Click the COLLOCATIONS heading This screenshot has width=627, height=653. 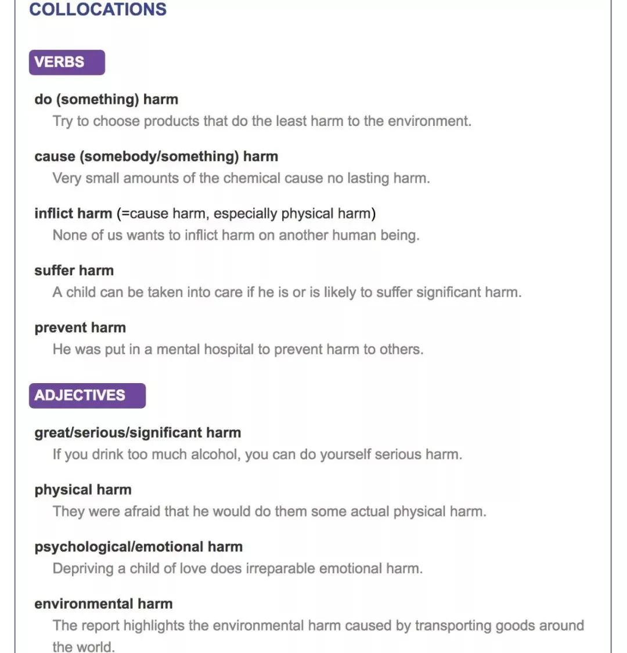pyautogui.click(x=98, y=10)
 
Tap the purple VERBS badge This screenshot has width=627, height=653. pyautogui.click(x=66, y=62)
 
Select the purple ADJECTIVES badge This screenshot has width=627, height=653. pyautogui.click(x=87, y=395)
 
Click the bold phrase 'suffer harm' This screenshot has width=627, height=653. pyautogui.click(x=74, y=270)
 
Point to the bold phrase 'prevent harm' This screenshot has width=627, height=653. pyautogui.click(x=80, y=327)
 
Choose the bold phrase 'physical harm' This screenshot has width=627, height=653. pyautogui.click(x=83, y=489)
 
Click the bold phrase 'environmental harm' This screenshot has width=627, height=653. pyautogui.click(x=103, y=604)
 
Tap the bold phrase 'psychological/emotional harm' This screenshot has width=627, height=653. pyautogui.click(x=138, y=547)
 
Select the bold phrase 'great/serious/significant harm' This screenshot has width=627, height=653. pyautogui.click(x=138, y=432)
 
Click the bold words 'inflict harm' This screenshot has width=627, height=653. pyautogui.click(x=73, y=214)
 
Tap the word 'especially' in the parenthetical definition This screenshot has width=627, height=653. pyautogui.click(x=244, y=214)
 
